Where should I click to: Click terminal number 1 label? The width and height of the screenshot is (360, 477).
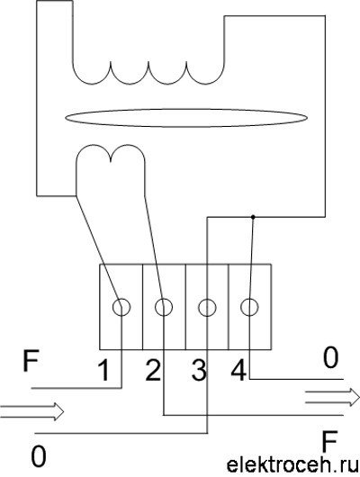pyautogui.click(x=104, y=370)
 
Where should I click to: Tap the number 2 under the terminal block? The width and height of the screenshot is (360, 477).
pyautogui.click(x=153, y=370)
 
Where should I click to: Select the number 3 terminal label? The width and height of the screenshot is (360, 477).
pyautogui.click(x=199, y=370)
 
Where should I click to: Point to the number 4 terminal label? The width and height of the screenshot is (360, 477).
pyautogui.click(x=238, y=370)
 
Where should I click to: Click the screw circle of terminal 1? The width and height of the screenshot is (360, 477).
pyautogui.click(x=121, y=308)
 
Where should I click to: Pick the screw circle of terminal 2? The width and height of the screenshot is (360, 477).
pyautogui.click(x=164, y=307)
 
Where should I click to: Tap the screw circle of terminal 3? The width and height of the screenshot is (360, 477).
pyautogui.click(x=207, y=308)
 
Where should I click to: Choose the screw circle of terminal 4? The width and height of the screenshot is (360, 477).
pyautogui.click(x=249, y=308)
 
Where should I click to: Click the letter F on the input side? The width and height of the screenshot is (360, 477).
pyautogui.click(x=31, y=361)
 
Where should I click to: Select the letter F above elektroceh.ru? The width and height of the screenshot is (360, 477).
pyautogui.click(x=330, y=441)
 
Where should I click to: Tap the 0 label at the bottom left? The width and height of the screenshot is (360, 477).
pyautogui.click(x=39, y=456)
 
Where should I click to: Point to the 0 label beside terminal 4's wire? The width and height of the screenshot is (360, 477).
pyautogui.click(x=330, y=357)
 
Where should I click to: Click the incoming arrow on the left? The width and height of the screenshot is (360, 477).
pyautogui.click(x=32, y=411)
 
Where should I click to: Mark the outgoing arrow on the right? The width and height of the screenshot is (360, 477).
pyautogui.click(x=333, y=397)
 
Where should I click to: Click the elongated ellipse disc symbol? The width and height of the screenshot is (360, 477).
pyautogui.click(x=186, y=118)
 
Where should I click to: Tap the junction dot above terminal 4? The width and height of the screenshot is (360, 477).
pyautogui.click(x=253, y=217)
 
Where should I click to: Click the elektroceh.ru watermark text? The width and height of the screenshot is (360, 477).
pyautogui.click(x=292, y=465)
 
